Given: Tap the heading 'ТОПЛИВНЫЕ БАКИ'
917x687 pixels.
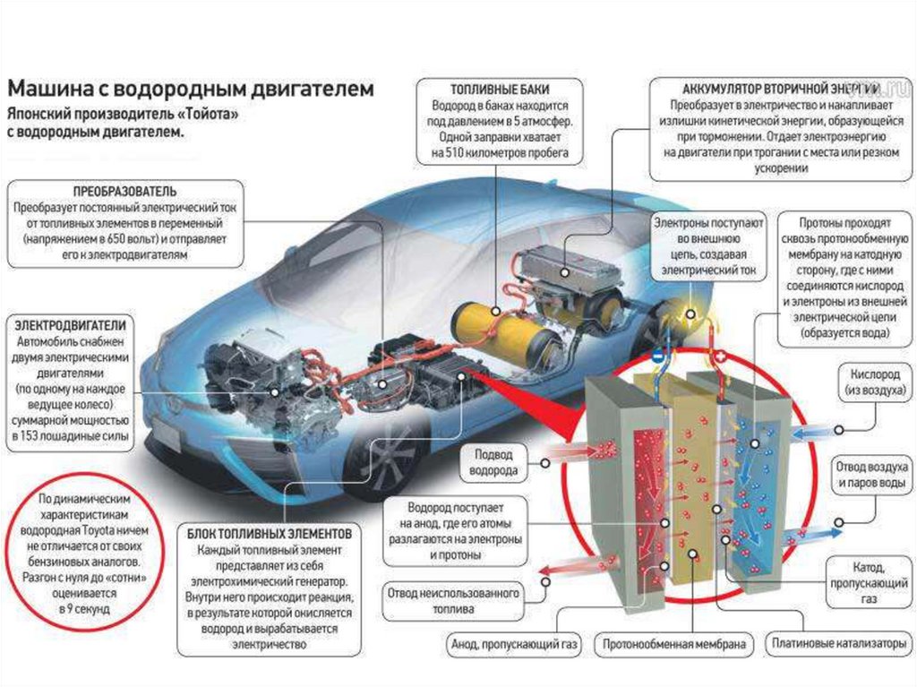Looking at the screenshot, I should [500, 90].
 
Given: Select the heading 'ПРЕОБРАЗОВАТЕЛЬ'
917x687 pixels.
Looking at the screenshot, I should [124, 192].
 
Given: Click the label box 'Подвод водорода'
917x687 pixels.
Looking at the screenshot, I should [494, 462].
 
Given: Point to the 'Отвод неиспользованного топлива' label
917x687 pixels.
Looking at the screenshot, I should [453, 601].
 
